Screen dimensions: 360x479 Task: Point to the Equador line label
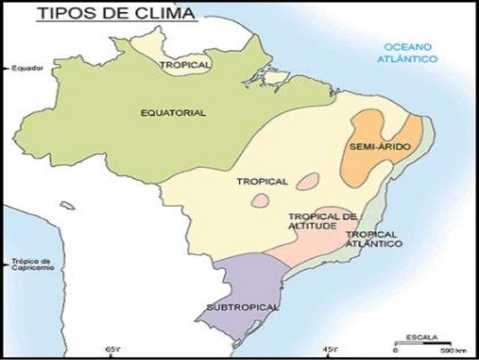pos(28,68)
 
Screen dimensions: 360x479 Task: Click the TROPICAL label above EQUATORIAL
pos(185,65)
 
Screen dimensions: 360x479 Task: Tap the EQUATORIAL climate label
pos(173,113)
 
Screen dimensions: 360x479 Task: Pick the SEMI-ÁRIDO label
pos(380,147)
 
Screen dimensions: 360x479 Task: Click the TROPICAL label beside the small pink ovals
pos(262,181)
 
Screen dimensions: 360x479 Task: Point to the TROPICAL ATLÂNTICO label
pos(373,239)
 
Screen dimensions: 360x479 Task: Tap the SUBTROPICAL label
pos(242,307)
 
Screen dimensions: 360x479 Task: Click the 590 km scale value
pos(447,351)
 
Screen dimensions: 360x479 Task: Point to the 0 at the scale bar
pos(395,351)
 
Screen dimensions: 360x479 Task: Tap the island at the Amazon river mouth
pos(276,77)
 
